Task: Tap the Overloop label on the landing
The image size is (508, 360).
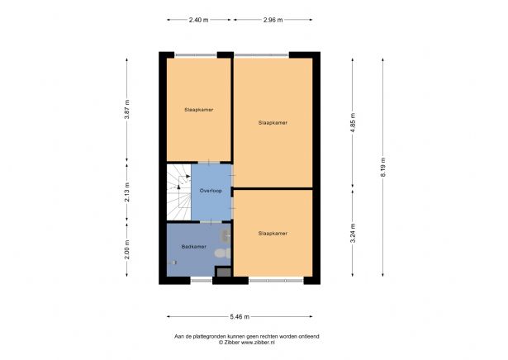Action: click(x=211, y=191)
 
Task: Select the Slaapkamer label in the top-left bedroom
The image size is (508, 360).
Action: click(x=198, y=109)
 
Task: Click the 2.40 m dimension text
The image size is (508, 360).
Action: click(x=198, y=20)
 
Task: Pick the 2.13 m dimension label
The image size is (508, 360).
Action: click(x=126, y=191)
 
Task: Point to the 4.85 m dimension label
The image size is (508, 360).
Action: click(x=352, y=123)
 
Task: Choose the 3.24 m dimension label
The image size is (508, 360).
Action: click(x=352, y=233)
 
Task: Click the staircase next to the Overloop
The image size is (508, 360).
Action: click(x=178, y=192)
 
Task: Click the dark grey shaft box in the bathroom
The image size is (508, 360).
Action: click(x=222, y=271)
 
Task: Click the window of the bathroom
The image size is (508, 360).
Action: click(x=201, y=280)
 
